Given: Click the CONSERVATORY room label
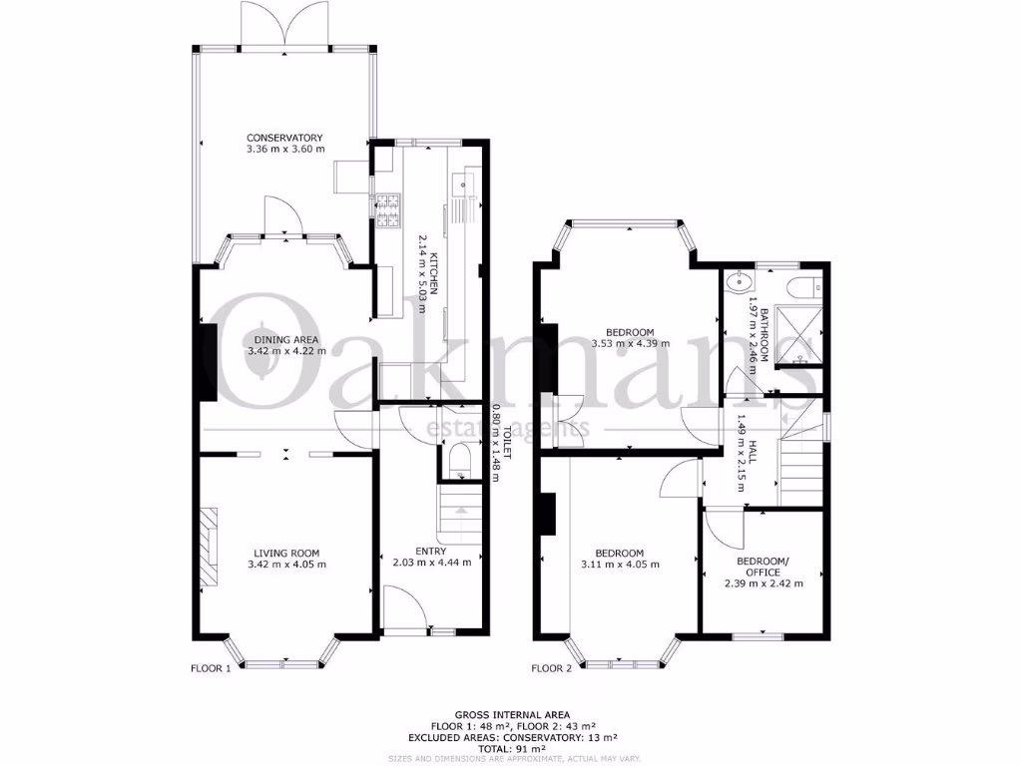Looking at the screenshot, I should (285, 138).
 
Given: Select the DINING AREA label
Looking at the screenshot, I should (285, 339).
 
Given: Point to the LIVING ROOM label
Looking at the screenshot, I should (285, 553).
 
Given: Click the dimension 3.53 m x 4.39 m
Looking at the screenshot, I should (629, 344).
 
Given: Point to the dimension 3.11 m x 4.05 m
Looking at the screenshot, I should (619, 565).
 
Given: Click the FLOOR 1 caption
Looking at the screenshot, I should (211, 668).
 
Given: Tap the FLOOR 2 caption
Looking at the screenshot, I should (551, 668).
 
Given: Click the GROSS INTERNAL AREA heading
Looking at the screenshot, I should (512, 715).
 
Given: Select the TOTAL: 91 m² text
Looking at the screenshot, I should (511, 747).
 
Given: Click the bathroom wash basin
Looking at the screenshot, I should (739, 278).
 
